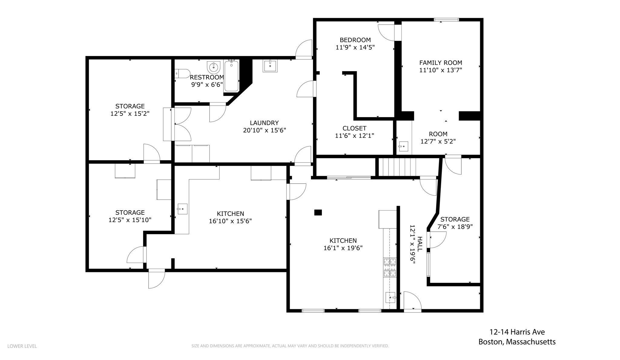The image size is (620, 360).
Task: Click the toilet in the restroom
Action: tap(182, 74)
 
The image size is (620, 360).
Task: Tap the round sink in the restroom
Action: tap(214, 67)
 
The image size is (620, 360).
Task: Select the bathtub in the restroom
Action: tap(232, 76)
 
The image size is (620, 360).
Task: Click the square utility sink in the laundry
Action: tap(270, 66)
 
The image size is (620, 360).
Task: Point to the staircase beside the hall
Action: tap(397, 167)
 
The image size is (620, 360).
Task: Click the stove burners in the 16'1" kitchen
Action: tap(390, 267)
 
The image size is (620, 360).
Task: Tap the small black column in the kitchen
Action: tap(318, 212)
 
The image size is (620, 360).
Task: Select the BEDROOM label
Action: tap(355, 40)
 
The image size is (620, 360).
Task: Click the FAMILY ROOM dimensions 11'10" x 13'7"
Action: tap(440, 70)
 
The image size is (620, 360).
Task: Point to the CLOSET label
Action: tap(355, 128)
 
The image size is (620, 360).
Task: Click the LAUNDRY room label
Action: tap(264, 123)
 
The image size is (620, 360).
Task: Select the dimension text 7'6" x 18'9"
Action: tap(455, 227)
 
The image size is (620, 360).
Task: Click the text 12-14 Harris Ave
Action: tap(517, 332)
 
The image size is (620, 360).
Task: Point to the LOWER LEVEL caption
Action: tap(22, 346)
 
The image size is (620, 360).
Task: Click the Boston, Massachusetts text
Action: tap(517, 342)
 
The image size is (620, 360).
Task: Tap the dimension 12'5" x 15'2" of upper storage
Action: tap(130, 114)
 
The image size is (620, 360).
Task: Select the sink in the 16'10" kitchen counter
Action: tap(182, 209)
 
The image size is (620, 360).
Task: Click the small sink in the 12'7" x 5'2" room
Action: tap(403, 146)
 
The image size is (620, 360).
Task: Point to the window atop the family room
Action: tap(446, 20)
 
